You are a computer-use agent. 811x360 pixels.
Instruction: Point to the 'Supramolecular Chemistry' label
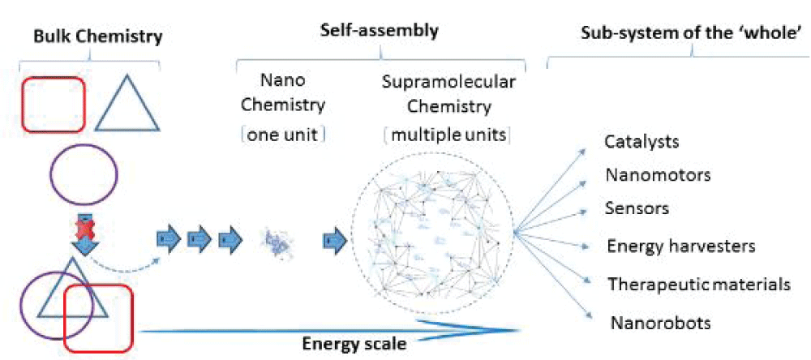[448, 94]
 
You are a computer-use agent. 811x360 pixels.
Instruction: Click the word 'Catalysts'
[642, 142]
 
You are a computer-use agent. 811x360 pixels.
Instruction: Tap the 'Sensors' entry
[637, 208]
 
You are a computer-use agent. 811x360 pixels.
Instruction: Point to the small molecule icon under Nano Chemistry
[273, 240]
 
